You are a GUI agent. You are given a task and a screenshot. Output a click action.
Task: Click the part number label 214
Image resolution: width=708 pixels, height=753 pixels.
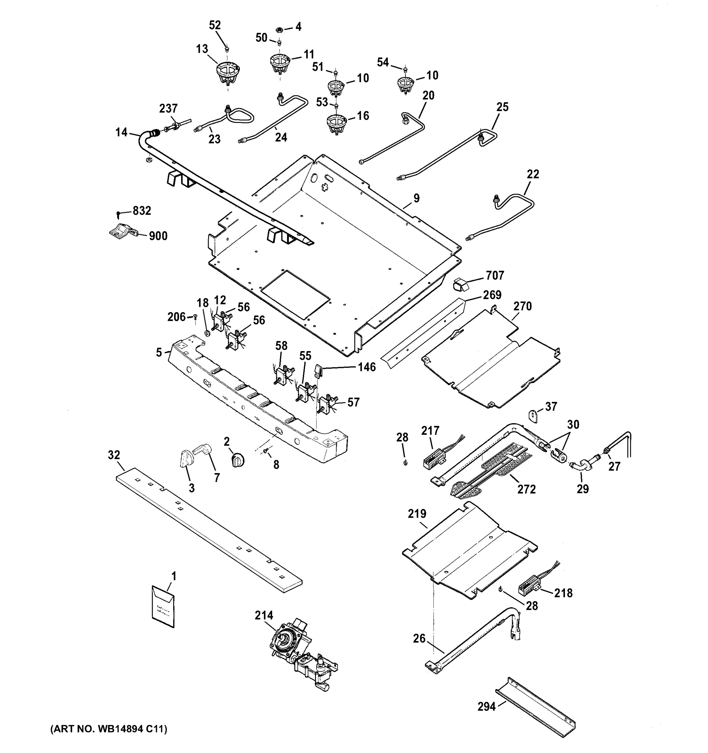pyautogui.click(x=264, y=616)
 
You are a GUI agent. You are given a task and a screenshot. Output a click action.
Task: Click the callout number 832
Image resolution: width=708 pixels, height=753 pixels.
pyautogui.click(x=142, y=211)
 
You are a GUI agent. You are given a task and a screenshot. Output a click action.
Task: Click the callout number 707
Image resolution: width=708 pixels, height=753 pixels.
pyautogui.click(x=495, y=275)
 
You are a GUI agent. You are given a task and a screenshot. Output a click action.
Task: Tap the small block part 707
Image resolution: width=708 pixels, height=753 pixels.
pyautogui.click(x=461, y=284)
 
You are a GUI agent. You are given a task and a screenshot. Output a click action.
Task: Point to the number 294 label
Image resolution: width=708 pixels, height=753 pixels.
pyautogui.click(x=486, y=707)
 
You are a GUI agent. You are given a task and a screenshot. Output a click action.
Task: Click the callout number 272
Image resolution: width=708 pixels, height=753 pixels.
pyautogui.click(x=527, y=489)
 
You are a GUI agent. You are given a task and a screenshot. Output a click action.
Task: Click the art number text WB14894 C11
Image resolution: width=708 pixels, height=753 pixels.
pyautogui.click(x=109, y=729)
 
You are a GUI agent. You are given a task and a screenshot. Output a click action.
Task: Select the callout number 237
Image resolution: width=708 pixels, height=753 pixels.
pyautogui.click(x=168, y=109)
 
